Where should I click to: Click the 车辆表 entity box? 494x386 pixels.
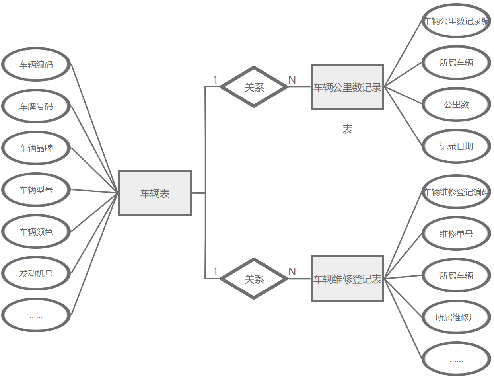click(155, 193)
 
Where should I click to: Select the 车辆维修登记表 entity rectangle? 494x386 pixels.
click(347, 279)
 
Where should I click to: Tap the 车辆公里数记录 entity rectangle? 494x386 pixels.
click(347, 87)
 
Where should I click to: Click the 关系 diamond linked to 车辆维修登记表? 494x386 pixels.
click(254, 279)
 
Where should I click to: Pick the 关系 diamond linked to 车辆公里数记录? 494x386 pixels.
click(254, 87)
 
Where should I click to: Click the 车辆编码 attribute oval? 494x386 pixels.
click(36, 64)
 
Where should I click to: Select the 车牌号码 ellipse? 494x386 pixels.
click(36, 106)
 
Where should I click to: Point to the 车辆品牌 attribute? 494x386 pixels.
click(36, 148)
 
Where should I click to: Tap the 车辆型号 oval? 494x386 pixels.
click(36, 190)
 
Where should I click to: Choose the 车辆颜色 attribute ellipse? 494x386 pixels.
click(36, 232)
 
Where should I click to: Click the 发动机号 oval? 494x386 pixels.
click(36, 273)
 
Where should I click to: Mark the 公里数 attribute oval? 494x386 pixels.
click(456, 105)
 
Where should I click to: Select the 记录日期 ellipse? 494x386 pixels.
click(456, 146)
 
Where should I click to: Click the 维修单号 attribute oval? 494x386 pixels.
click(456, 234)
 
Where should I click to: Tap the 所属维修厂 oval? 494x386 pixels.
click(456, 317)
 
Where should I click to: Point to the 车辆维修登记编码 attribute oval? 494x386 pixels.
click(456, 192)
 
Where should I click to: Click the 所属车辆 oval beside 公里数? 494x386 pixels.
click(456, 63)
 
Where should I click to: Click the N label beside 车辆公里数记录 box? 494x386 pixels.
click(292, 80)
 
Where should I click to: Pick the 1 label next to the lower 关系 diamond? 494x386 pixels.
click(215, 272)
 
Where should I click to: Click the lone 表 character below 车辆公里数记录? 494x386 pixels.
click(347, 129)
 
